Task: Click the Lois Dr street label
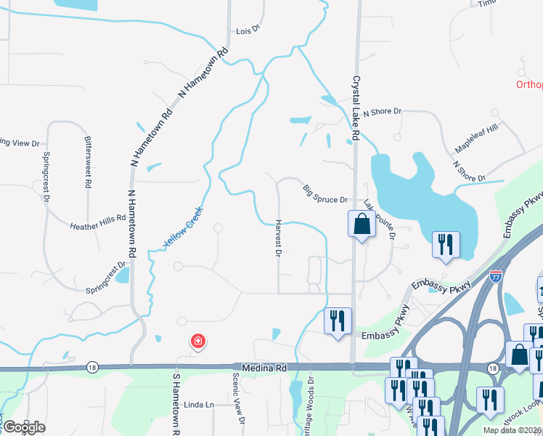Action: [x=248, y=32]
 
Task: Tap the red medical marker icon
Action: [x=196, y=341]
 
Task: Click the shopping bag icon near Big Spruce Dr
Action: [x=362, y=225]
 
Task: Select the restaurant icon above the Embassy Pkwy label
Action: [x=338, y=322]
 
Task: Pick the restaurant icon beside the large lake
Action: [x=446, y=245]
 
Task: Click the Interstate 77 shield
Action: [x=495, y=277]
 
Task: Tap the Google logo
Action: [x=24, y=427]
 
